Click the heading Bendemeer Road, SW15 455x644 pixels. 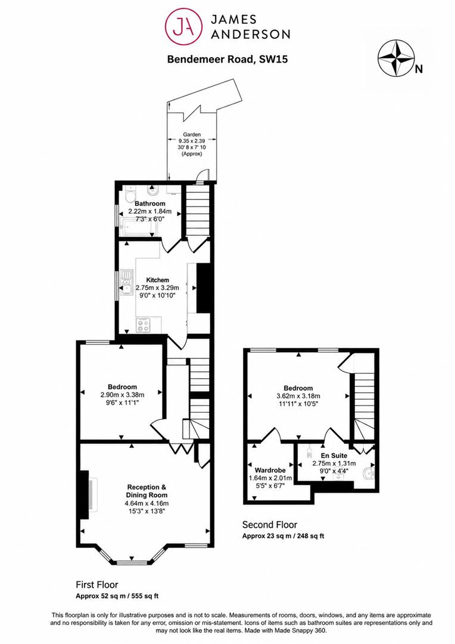click(227, 59)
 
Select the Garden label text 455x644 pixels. click(192, 134)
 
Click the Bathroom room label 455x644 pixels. click(149, 204)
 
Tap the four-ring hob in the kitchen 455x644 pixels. click(143, 326)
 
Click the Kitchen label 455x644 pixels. click(158, 280)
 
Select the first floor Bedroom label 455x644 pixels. click(122, 387)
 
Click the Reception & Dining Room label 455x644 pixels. click(147, 491)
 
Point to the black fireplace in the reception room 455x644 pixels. click(85, 496)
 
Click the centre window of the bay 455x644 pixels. click(131, 562)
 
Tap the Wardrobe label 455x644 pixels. click(270, 470)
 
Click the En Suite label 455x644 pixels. click(334, 456)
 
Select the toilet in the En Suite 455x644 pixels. click(369, 473)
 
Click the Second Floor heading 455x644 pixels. click(270, 525)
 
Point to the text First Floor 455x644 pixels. click(97, 584)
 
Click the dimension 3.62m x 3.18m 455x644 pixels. click(298, 397)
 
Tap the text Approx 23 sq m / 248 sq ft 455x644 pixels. click(283, 536)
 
